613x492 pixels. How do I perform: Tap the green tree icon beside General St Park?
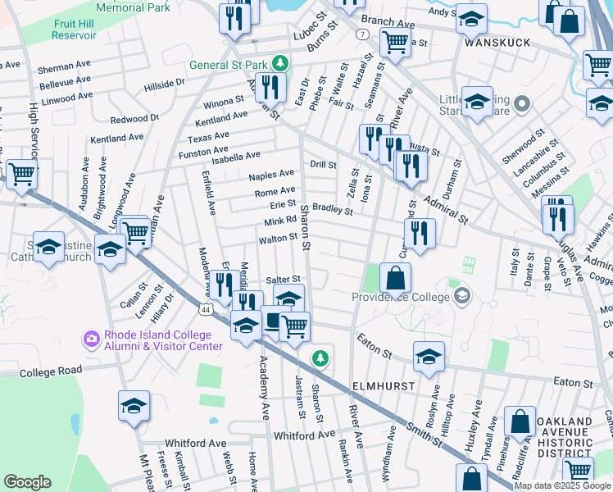click(x=280, y=63)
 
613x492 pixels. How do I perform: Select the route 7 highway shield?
click(x=361, y=34)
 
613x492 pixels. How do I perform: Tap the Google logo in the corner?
click(x=28, y=481)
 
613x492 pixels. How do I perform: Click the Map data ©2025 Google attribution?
click(x=562, y=485)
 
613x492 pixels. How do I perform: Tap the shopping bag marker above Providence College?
click(x=395, y=279)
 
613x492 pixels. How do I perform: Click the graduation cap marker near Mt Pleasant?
click(x=134, y=406)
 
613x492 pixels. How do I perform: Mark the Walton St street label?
click(x=277, y=239)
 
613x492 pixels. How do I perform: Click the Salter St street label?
click(x=284, y=279)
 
